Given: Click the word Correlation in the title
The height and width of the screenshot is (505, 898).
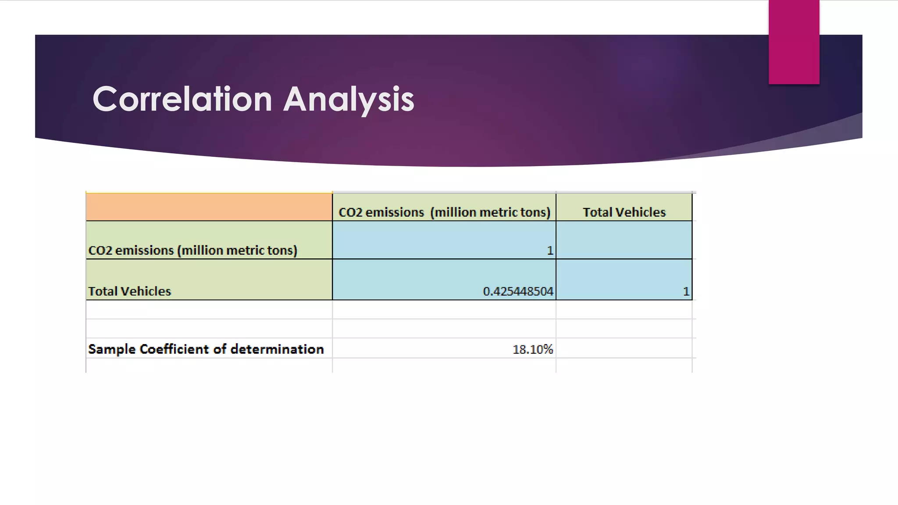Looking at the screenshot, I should pyautogui.click(x=182, y=99).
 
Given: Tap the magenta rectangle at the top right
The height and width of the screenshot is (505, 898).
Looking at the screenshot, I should pyautogui.click(x=794, y=42).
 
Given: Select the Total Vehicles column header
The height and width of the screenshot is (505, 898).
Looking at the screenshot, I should pyautogui.click(x=624, y=212).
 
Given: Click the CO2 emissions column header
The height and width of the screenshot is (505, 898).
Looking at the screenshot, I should pyautogui.click(x=444, y=212).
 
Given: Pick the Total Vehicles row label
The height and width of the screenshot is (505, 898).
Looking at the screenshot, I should pyautogui.click(x=130, y=291).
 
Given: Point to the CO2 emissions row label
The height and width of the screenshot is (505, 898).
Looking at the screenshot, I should pyautogui.click(x=192, y=250).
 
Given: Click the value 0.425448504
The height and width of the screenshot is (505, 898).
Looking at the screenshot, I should pyautogui.click(x=518, y=291).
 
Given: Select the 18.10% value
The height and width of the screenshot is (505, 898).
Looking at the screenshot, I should pyautogui.click(x=532, y=349).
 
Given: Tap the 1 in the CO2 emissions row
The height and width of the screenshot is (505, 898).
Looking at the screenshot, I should pyautogui.click(x=550, y=250).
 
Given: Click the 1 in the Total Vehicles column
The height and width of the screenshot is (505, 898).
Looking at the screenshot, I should pyautogui.click(x=686, y=291).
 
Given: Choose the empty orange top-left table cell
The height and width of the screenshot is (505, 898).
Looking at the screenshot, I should pyautogui.click(x=209, y=207).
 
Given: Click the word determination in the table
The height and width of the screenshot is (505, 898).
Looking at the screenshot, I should pyautogui.click(x=277, y=349).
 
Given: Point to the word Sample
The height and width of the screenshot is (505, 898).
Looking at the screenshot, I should pyautogui.click(x=112, y=349).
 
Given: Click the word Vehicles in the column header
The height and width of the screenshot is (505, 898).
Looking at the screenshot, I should pyautogui.click(x=641, y=212).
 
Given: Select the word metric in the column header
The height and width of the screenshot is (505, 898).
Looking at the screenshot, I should pyautogui.click(x=499, y=212).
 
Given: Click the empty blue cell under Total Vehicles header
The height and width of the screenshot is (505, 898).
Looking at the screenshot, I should pyautogui.click(x=624, y=240).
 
